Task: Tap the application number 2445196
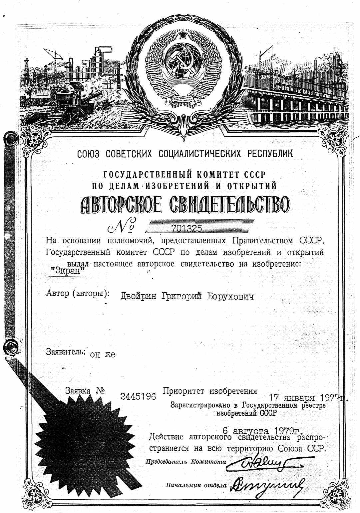click(x=138, y=396)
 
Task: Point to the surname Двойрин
click(x=139, y=296)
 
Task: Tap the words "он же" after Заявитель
click(x=103, y=355)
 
